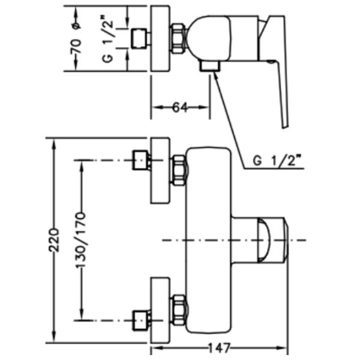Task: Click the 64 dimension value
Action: [180, 107]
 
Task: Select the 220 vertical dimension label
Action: [54, 239]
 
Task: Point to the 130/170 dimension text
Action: [81, 239]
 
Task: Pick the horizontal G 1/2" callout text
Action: [277, 161]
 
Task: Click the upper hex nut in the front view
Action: [179, 169]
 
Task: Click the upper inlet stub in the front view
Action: [140, 161]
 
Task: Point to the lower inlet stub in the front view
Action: [140, 317]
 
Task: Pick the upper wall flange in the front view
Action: [160, 171]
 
